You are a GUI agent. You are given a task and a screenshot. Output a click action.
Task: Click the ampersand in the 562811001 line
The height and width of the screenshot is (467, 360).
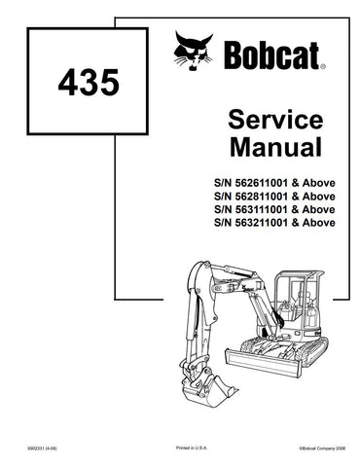pyautogui.click(x=299, y=197)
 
